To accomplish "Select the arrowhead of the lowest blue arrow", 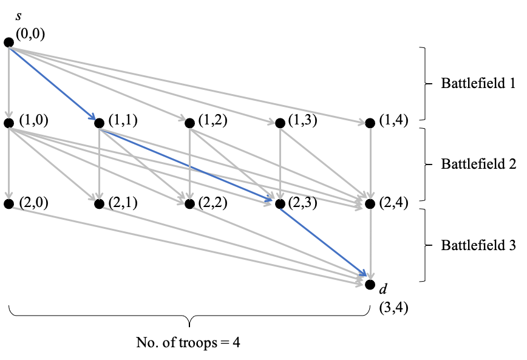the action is pos(366,276).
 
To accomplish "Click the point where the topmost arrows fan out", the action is pos(9,47).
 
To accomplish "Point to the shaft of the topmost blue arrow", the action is pos(52,83).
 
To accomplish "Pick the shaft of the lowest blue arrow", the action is pos(322,242).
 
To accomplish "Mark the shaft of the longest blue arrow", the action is pos(185,164).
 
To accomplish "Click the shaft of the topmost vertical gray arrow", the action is pos(9,82).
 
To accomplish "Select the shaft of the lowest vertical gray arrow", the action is pos(371,243).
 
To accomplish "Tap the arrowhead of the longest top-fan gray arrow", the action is pos(364,123).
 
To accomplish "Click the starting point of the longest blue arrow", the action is pos(100,129).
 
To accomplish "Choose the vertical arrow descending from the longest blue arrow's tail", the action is pos(100,164).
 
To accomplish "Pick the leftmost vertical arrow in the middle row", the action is pos(9,164).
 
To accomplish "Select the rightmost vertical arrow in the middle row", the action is pos(371,164).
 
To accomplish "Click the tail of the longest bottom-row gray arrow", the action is pos(13,208).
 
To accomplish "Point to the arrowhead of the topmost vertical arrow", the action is pos(9,116).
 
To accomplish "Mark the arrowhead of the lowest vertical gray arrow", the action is pos(371,278).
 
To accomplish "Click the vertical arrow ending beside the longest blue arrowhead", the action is pos(280,164).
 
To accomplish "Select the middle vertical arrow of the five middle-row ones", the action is pos(190,164).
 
